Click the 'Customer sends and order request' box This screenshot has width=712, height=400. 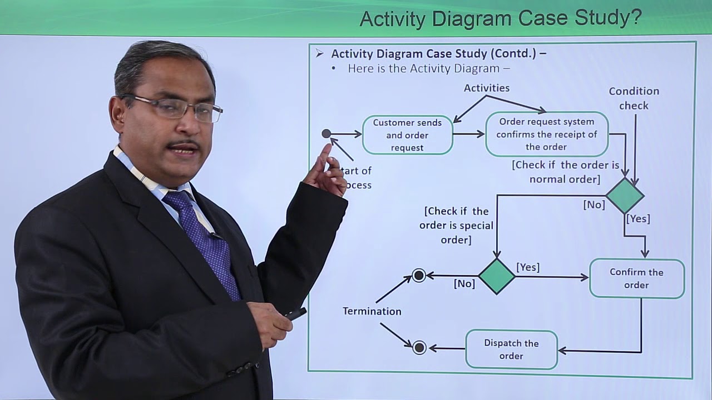pos(407,135)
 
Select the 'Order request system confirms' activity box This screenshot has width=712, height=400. pos(546,134)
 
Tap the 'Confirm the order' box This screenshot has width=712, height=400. pos(636,278)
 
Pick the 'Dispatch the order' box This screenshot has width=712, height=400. pos(511,349)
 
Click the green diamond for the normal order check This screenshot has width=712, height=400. pos(625,196)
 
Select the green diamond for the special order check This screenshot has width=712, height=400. pos(497,276)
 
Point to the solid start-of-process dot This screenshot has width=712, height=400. pos(327,133)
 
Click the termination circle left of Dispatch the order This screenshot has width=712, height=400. pos(419,348)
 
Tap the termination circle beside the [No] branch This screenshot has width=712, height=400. pos(419,276)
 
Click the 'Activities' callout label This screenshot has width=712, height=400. pos(487,88)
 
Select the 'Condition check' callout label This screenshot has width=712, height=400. pos(634,98)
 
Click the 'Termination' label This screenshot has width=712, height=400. pos(372,311)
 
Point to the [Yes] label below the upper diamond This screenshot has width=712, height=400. pos(638,219)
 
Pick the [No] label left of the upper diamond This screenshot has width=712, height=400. pos(594,204)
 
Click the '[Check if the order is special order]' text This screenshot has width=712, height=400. pos(456,225)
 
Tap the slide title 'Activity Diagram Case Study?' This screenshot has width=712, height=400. pos(500,18)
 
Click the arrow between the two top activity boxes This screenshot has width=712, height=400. pos(469,134)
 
